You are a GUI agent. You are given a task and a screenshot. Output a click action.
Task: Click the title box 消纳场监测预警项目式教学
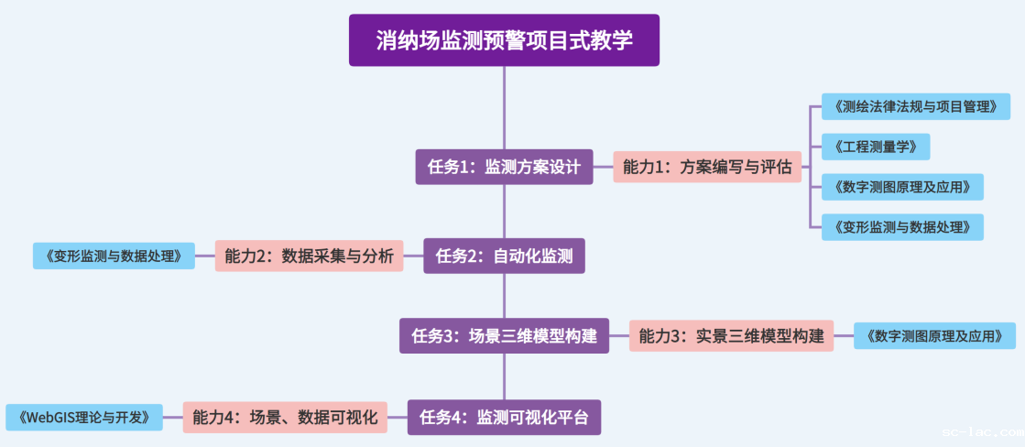[504, 40]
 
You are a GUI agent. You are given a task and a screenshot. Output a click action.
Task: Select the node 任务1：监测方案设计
[504, 167]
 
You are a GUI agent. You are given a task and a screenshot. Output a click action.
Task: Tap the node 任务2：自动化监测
[504, 256]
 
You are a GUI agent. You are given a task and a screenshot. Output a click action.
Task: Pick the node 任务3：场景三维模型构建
[504, 335]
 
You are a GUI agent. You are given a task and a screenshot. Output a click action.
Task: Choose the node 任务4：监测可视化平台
[504, 418]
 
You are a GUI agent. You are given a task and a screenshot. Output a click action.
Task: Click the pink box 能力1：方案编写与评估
[706, 167]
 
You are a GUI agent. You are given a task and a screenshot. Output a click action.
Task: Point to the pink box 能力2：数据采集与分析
[309, 256]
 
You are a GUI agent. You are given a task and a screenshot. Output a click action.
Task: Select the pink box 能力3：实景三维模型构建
[731, 335]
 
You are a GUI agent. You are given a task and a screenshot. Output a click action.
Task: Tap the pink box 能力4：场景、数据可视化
[285, 418]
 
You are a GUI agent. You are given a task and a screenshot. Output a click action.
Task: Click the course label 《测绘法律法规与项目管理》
[915, 106]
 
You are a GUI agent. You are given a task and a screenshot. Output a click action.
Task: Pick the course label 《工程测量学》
[875, 147]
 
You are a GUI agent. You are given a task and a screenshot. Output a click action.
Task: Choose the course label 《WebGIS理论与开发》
[84, 418]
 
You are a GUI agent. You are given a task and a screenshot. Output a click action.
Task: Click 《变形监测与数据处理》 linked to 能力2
[114, 256]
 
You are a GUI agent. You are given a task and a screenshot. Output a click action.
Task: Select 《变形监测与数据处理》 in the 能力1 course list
[901, 226]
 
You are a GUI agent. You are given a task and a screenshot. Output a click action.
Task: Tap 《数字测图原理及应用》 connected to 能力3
[934, 335]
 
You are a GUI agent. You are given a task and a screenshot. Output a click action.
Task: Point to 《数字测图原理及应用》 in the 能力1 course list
[901, 187]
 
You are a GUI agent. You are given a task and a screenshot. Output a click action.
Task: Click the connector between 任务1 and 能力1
[603, 167]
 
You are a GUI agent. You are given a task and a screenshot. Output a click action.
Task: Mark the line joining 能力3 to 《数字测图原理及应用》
[844, 335]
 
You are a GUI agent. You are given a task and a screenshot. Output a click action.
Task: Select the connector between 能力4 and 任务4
[397, 418]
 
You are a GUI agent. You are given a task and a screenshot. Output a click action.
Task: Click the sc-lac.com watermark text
[982, 431]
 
